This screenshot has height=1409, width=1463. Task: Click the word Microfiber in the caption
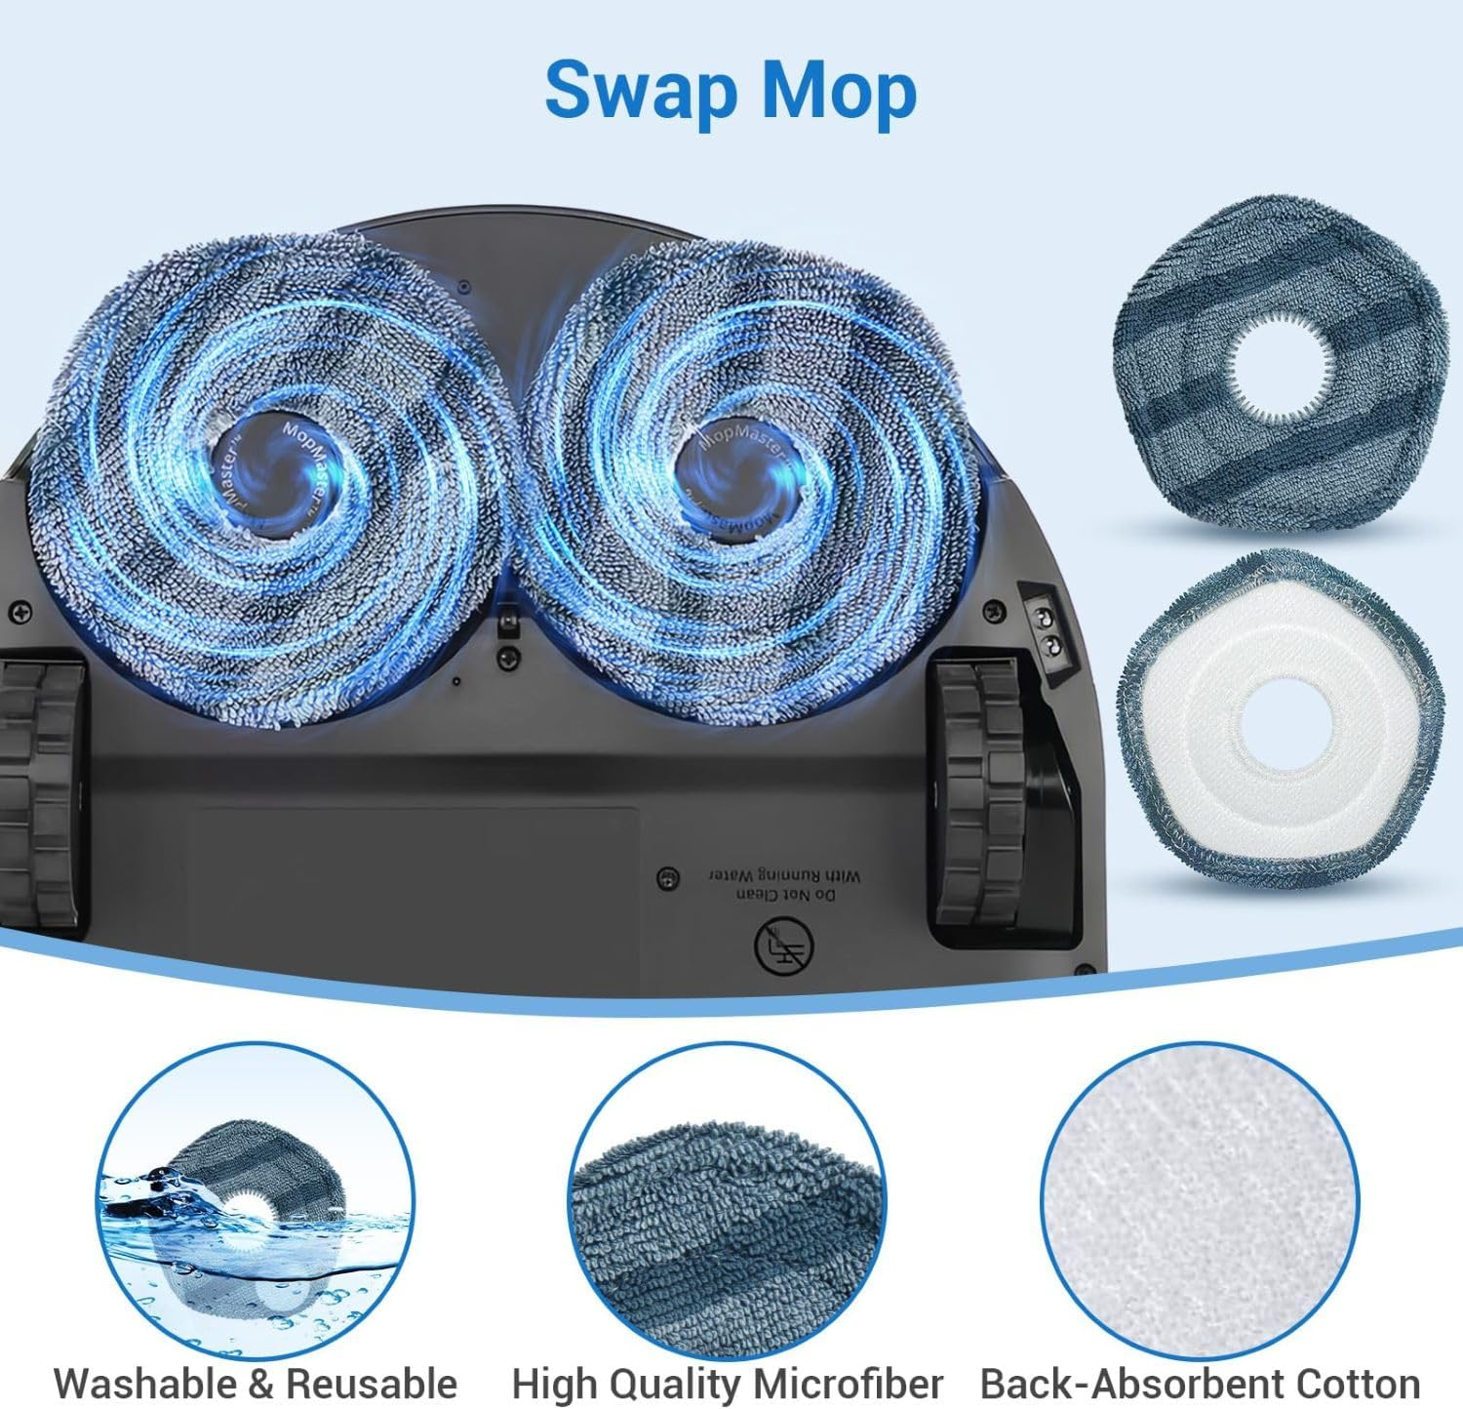(850, 1383)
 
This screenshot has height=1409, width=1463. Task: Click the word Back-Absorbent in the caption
(1131, 1383)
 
